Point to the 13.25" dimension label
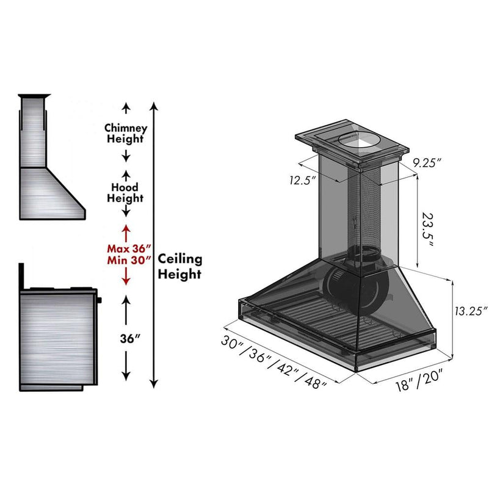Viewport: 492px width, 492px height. point(471,310)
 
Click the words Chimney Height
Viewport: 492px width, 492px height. point(125,133)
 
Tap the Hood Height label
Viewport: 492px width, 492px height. point(125,192)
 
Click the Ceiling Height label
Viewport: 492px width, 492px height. point(180,266)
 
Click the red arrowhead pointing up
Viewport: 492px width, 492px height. point(126,230)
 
